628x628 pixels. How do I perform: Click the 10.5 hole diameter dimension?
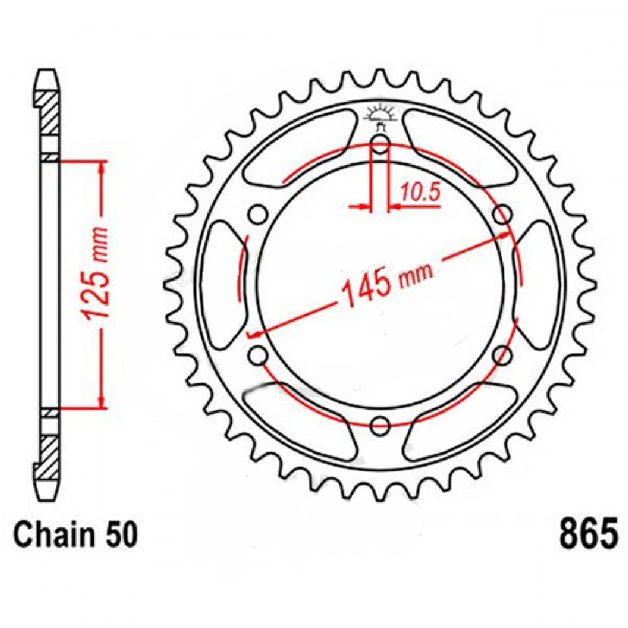point(420,193)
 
